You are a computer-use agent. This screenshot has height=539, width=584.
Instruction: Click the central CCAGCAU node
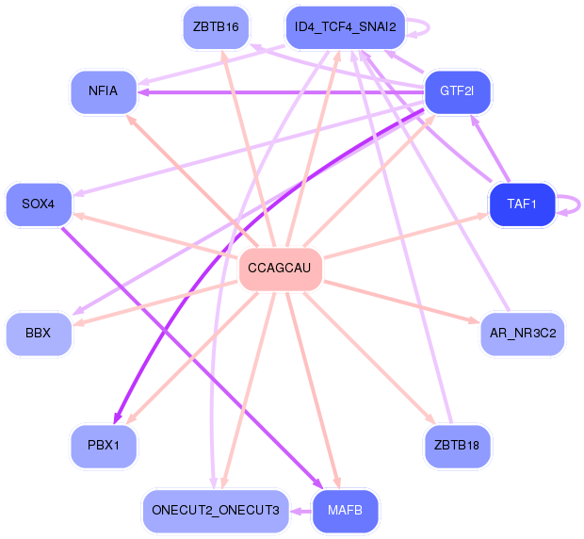coord(281,269)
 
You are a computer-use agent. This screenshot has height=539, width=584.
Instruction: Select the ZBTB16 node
coord(215,26)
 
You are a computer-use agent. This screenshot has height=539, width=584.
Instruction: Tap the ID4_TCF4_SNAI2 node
coord(345,26)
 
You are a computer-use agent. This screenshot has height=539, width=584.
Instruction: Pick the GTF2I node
coord(457,91)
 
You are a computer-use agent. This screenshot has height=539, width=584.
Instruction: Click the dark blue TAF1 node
coord(521,204)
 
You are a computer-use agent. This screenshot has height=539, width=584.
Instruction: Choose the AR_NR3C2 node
coord(522,334)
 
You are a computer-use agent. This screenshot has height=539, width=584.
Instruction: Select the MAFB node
coord(345,510)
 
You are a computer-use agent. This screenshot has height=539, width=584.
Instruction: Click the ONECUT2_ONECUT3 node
coord(215,510)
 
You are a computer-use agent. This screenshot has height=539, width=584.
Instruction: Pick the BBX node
coord(39,334)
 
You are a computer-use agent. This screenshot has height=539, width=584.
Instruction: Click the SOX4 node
coord(39,204)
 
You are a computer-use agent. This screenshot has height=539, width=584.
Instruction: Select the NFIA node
coord(104,91)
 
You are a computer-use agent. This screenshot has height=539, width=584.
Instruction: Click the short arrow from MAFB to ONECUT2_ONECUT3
coord(300,511)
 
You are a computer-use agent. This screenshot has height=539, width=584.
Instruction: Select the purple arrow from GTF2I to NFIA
coord(283,92)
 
